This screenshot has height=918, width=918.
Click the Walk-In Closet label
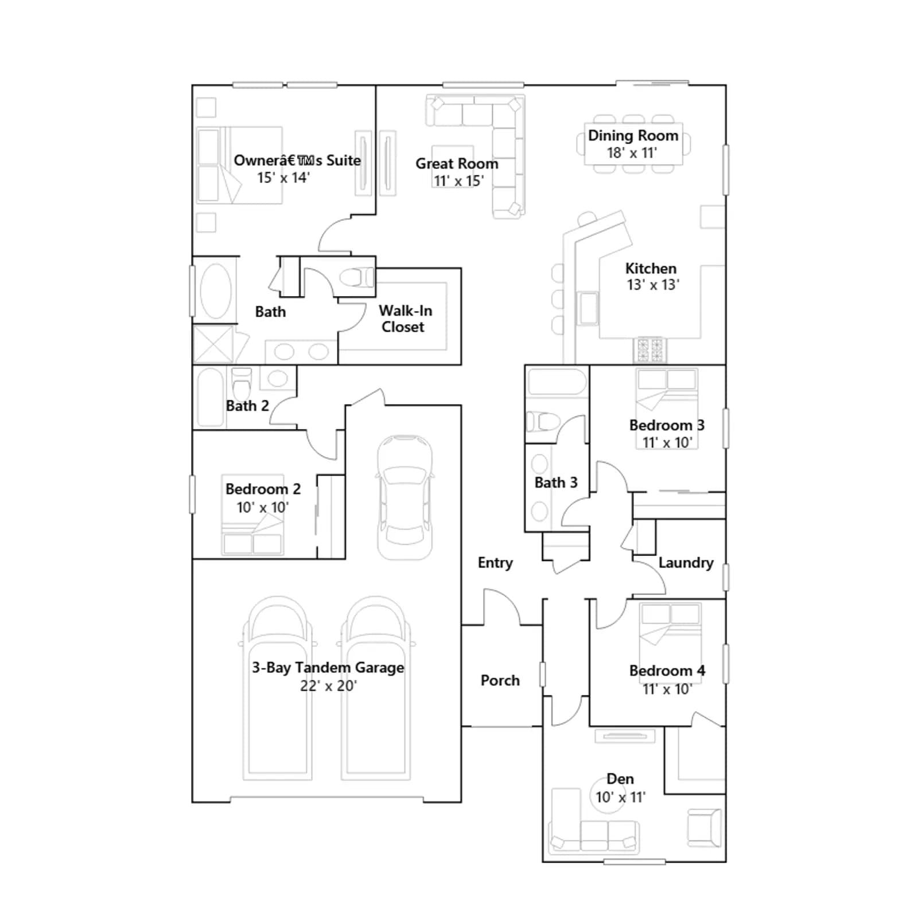(x=405, y=318)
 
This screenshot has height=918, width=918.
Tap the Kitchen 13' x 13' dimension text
(x=653, y=285)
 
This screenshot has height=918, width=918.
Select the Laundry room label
(x=686, y=563)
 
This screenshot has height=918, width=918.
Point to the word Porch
(x=500, y=680)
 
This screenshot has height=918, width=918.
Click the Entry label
(x=495, y=563)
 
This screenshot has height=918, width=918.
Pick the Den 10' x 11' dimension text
(x=620, y=797)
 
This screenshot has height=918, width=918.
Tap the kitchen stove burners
(x=650, y=349)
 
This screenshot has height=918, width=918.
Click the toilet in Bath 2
(x=242, y=383)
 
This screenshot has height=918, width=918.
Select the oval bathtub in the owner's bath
(x=216, y=291)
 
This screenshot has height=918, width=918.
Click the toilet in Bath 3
(x=543, y=422)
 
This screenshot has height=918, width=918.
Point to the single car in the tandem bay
(x=404, y=497)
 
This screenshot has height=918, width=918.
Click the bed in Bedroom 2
(x=252, y=515)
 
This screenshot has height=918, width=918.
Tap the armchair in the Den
(x=705, y=828)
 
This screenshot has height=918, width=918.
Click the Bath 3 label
(x=556, y=483)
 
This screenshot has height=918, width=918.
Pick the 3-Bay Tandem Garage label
(x=328, y=667)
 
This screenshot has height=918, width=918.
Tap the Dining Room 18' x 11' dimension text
(x=632, y=153)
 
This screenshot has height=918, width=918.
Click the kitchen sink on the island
(x=588, y=308)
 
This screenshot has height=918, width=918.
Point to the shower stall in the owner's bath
(x=213, y=344)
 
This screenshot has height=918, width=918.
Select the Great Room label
(x=457, y=164)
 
